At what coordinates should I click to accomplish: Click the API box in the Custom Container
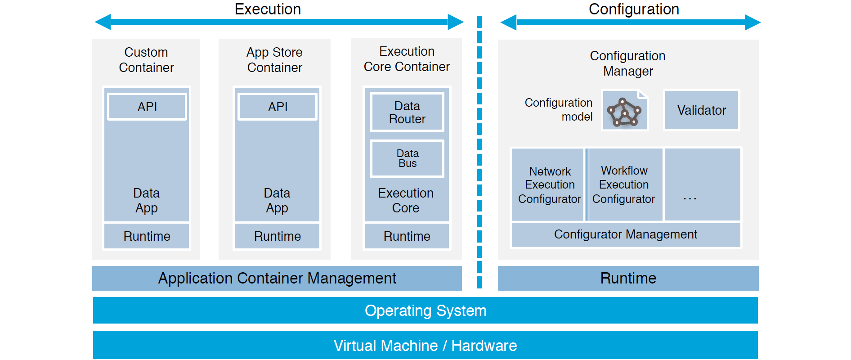pyautogui.click(x=147, y=107)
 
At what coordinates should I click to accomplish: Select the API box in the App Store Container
pyautogui.click(x=278, y=107)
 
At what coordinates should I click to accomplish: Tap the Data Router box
pyautogui.click(x=407, y=112)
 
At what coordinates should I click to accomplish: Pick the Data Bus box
pyautogui.click(x=407, y=158)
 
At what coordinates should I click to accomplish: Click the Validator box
pyautogui.click(x=701, y=110)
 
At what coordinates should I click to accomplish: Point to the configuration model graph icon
pyautogui.click(x=624, y=111)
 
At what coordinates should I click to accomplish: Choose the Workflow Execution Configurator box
pyautogui.click(x=624, y=185)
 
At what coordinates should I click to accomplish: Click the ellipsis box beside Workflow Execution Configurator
pyautogui.click(x=702, y=185)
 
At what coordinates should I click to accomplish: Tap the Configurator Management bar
pyautogui.click(x=625, y=234)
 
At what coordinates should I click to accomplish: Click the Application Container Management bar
pyautogui.click(x=277, y=278)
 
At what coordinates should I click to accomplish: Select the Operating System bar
pyautogui.click(x=425, y=310)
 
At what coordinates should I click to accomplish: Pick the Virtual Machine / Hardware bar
pyautogui.click(x=425, y=345)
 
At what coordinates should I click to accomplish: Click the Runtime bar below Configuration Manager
pyautogui.click(x=628, y=278)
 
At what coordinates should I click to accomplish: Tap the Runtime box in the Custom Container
pyautogui.click(x=147, y=236)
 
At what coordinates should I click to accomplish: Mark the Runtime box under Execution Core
pyautogui.click(x=407, y=236)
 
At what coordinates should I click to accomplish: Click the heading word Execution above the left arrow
pyautogui.click(x=268, y=9)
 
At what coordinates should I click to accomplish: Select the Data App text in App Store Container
pyautogui.click(x=277, y=200)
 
